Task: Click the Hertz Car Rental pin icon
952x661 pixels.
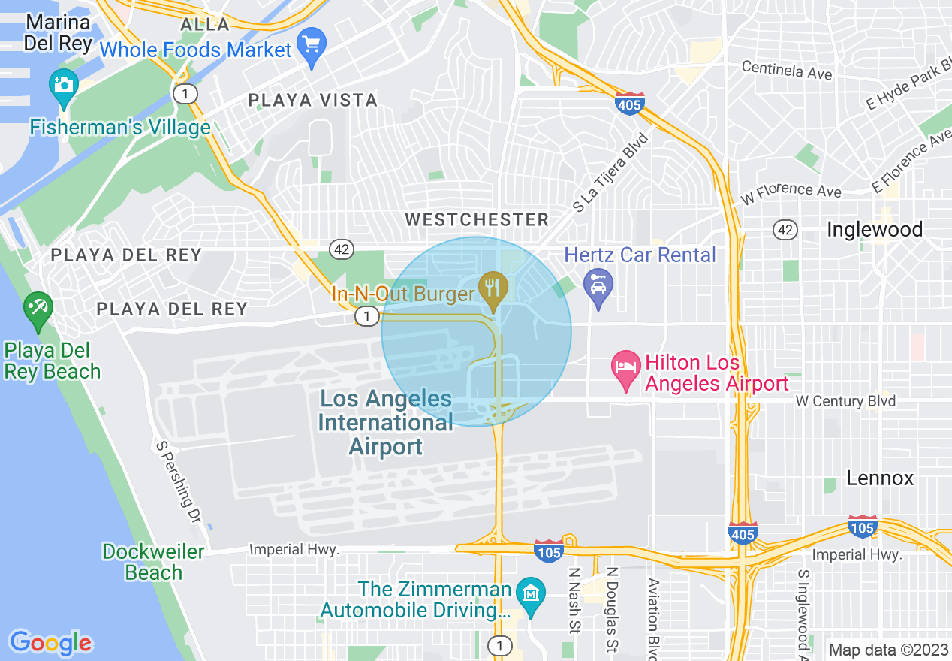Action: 598,286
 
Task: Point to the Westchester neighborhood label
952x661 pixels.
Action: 478,220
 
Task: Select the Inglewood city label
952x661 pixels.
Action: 875,230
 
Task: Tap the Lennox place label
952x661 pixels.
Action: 880,478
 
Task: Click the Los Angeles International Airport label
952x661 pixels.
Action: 386,423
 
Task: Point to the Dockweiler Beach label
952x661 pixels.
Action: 153,562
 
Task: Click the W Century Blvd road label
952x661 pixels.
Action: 845,401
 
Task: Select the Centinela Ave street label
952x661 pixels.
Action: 786,71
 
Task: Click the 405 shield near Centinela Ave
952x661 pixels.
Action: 628,103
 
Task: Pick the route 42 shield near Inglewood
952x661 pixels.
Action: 785,230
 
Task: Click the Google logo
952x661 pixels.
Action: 51,643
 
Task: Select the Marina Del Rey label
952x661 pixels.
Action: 58,32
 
